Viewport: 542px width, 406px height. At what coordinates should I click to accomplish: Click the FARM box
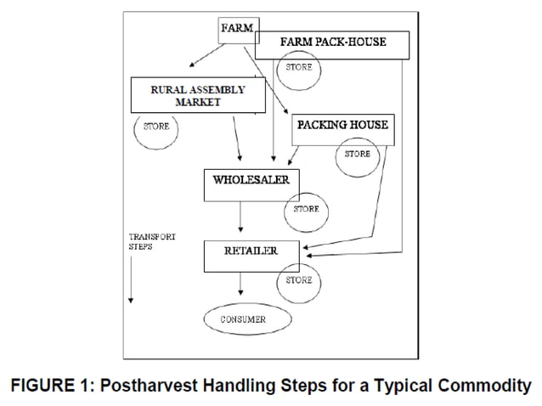[x=238, y=29]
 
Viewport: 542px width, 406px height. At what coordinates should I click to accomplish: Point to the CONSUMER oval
[x=246, y=319]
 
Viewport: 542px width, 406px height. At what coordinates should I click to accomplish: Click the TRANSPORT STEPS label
[x=151, y=240]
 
